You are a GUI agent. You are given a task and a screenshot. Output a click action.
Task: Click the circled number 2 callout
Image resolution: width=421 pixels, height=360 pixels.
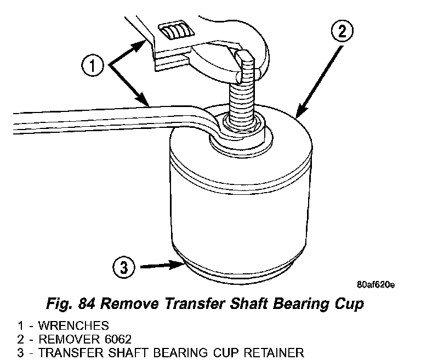[342, 31]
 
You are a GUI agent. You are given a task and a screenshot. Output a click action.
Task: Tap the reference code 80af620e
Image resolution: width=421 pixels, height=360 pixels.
[376, 284]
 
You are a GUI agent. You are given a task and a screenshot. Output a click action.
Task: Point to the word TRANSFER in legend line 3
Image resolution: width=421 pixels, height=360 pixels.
[66, 352]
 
